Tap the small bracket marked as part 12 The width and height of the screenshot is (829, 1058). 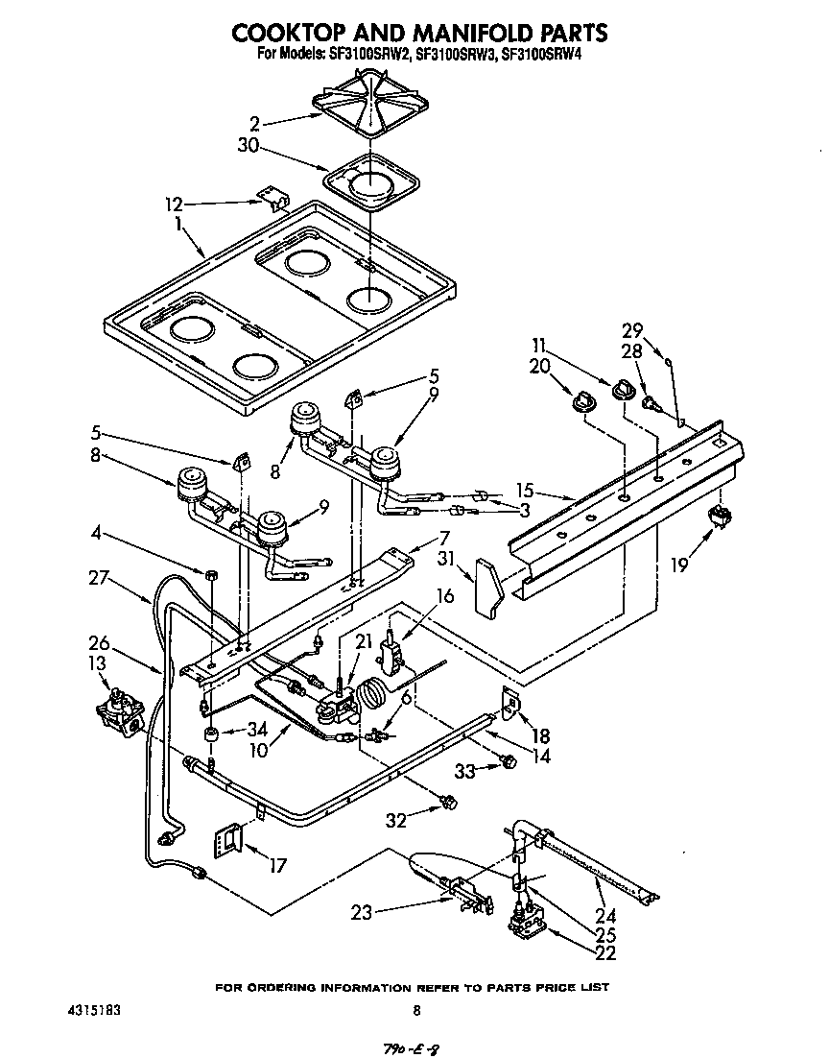[276, 201]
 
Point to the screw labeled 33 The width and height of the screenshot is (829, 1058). [509, 762]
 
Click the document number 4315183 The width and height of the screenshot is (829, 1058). [94, 1010]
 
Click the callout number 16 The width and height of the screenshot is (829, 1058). [443, 596]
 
